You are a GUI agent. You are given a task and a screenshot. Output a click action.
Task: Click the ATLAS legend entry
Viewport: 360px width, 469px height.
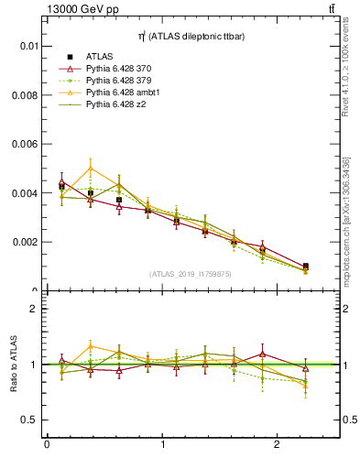pos(100,57)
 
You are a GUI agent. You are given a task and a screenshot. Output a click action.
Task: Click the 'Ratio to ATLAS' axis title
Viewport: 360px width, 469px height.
pos(12,365)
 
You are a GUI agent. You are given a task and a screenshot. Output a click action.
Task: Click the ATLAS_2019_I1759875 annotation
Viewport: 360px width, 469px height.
pos(189,273)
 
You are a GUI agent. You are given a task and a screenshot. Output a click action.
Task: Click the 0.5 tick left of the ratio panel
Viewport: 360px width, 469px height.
pos(31,420)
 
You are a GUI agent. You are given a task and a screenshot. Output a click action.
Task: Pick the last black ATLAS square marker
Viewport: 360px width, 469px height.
pos(305,267)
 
